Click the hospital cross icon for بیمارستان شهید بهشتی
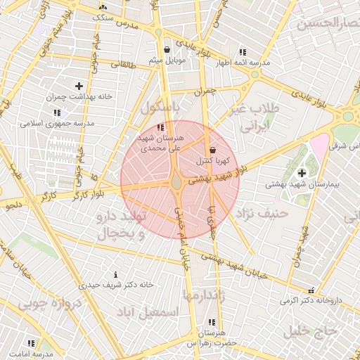pos(302,173)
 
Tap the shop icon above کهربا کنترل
pos(212,150)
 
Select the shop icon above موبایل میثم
pos(167,50)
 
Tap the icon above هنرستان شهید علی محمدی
pos(161,128)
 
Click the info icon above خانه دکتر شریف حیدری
pos(116,274)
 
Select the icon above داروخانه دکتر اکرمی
pos(311,290)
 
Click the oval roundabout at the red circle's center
pos(176,182)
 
